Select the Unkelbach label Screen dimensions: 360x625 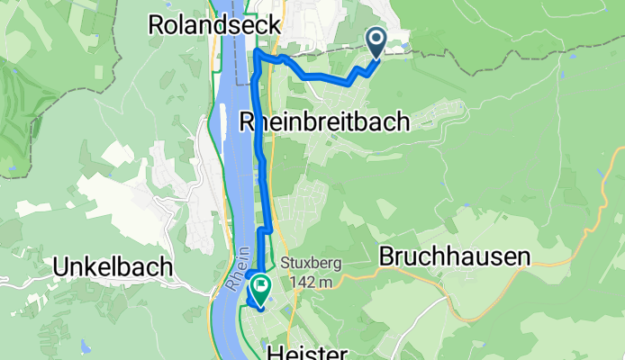pos(113,267)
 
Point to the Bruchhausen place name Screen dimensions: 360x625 pos(455,256)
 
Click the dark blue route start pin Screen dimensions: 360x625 pos(376,40)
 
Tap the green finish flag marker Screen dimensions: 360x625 pos(261,287)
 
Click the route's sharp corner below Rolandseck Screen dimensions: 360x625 pos(255,53)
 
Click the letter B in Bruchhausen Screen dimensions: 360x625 pos(388,256)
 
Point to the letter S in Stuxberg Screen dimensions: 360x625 pos(283,265)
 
